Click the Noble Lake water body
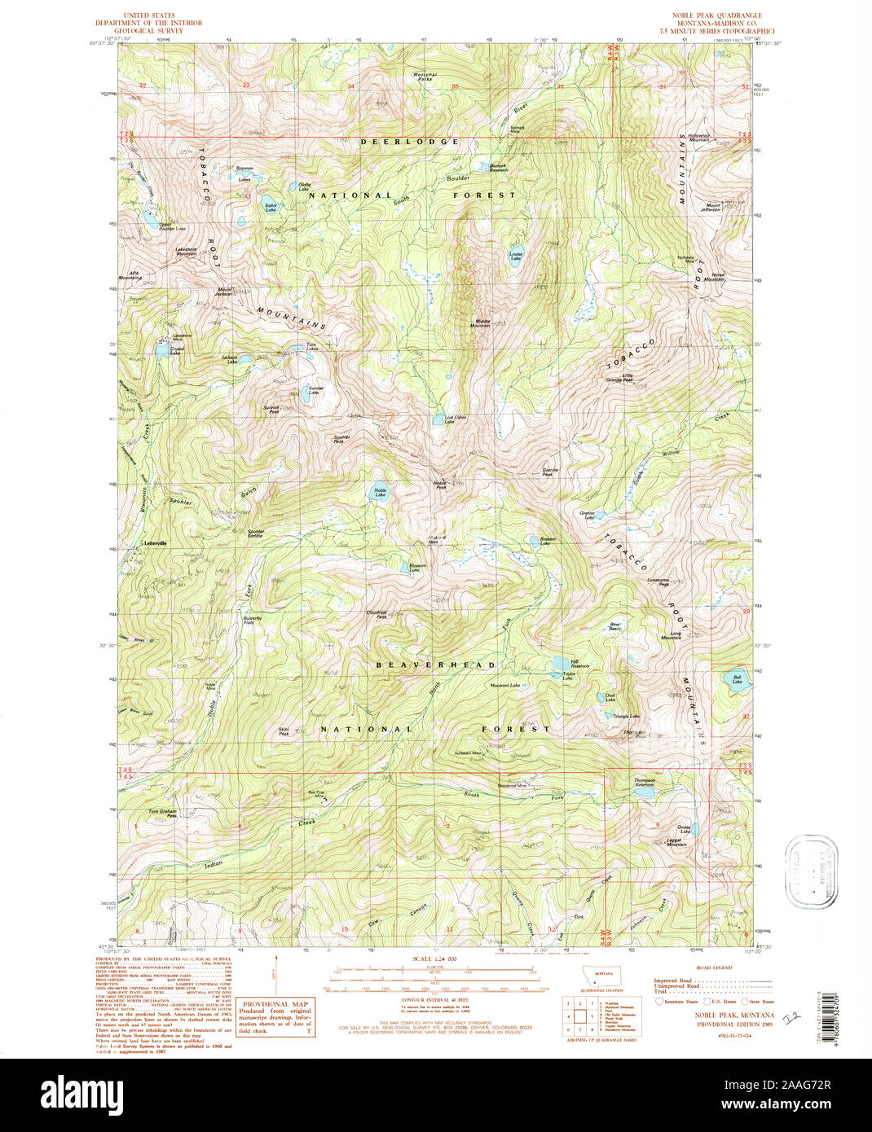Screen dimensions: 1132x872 point(381,494)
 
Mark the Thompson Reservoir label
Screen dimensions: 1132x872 point(645,782)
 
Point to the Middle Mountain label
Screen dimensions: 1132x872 point(483,322)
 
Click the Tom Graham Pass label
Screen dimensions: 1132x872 point(162,813)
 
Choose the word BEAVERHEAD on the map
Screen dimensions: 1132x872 point(435,665)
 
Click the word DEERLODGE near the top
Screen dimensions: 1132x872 point(410,142)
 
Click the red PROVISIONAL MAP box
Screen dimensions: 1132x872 point(276,1019)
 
